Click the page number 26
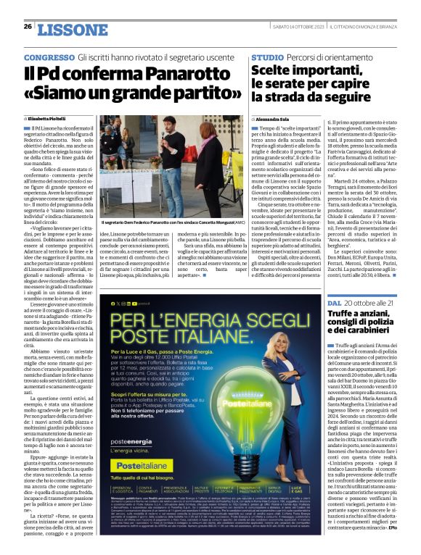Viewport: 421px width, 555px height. point(28,27)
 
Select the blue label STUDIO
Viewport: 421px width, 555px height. point(267,57)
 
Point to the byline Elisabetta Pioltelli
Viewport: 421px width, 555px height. point(53,118)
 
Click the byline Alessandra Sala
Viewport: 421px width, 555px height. point(275,118)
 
